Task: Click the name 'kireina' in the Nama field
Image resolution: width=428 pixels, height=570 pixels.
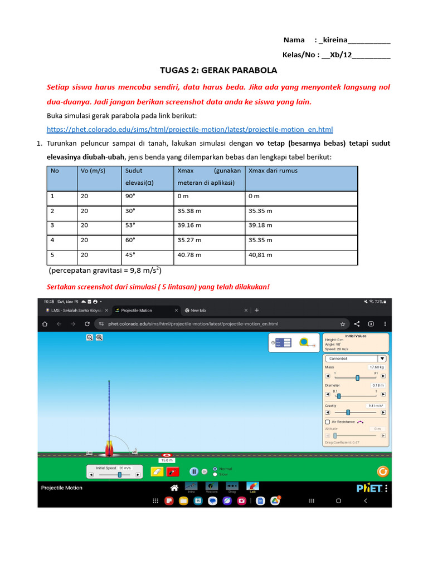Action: coord(333,40)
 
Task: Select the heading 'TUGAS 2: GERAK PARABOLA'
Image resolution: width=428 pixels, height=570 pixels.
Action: coord(218,71)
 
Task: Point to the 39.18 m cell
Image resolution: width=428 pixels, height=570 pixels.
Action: coord(261,225)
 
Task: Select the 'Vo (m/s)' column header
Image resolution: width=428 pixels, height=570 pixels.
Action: coord(93,171)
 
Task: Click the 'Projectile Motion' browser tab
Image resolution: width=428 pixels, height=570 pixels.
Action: coord(137,310)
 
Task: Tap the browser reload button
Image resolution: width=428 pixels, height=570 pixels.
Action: coord(87,323)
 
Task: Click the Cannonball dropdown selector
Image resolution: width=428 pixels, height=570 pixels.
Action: coord(356,358)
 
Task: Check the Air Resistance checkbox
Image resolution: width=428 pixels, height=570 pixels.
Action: coord(327,422)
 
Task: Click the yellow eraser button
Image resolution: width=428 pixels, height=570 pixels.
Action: coord(157,471)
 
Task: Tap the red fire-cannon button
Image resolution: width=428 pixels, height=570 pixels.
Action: coord(173,471)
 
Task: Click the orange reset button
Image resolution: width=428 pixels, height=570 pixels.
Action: coord(382,471)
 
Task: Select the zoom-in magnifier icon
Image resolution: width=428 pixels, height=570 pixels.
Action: coord(99,337)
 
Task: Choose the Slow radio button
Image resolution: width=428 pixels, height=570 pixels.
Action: coord(215,474)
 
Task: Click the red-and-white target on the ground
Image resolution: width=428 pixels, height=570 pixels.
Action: coord(167,455)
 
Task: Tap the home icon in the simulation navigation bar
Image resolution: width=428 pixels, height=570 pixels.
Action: coord(174,488)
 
